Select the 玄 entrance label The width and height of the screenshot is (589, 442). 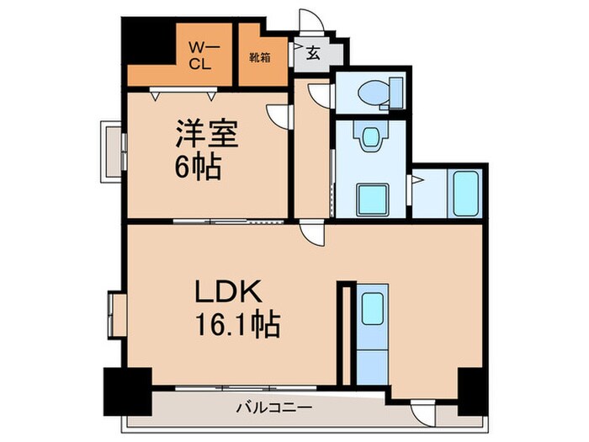312,54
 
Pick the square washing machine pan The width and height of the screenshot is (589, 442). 371,200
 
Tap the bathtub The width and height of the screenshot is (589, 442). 465,194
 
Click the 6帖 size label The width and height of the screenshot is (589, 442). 198,168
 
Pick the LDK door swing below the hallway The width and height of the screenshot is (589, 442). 311,233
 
